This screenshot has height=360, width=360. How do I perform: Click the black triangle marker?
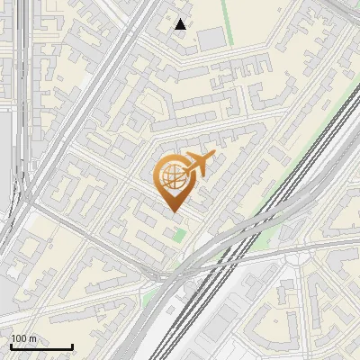click(181, 25)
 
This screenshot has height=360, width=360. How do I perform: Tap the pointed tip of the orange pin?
click(175, 212)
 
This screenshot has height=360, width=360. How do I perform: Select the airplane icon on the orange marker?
click(198, 164)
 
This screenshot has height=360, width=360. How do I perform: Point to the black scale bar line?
click(41, 347)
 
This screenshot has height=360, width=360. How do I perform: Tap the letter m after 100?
click(33, 338)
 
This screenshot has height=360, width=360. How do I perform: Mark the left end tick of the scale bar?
click(11, 346)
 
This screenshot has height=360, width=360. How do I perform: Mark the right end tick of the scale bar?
click(72, 346)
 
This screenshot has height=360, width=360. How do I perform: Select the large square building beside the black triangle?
click(211, 38)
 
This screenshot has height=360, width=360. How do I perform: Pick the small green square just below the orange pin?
click(180, 235)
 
